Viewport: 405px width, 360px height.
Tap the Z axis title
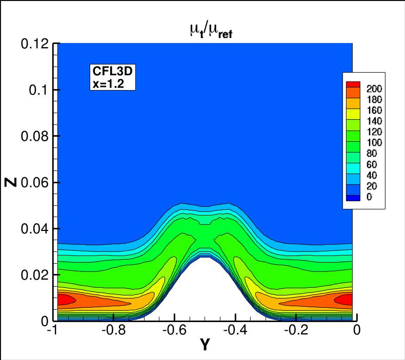(x=14, y=182)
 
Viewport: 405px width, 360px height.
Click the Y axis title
(x=205, y=346)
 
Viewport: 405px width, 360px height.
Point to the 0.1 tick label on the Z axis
(x=38, y=90)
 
